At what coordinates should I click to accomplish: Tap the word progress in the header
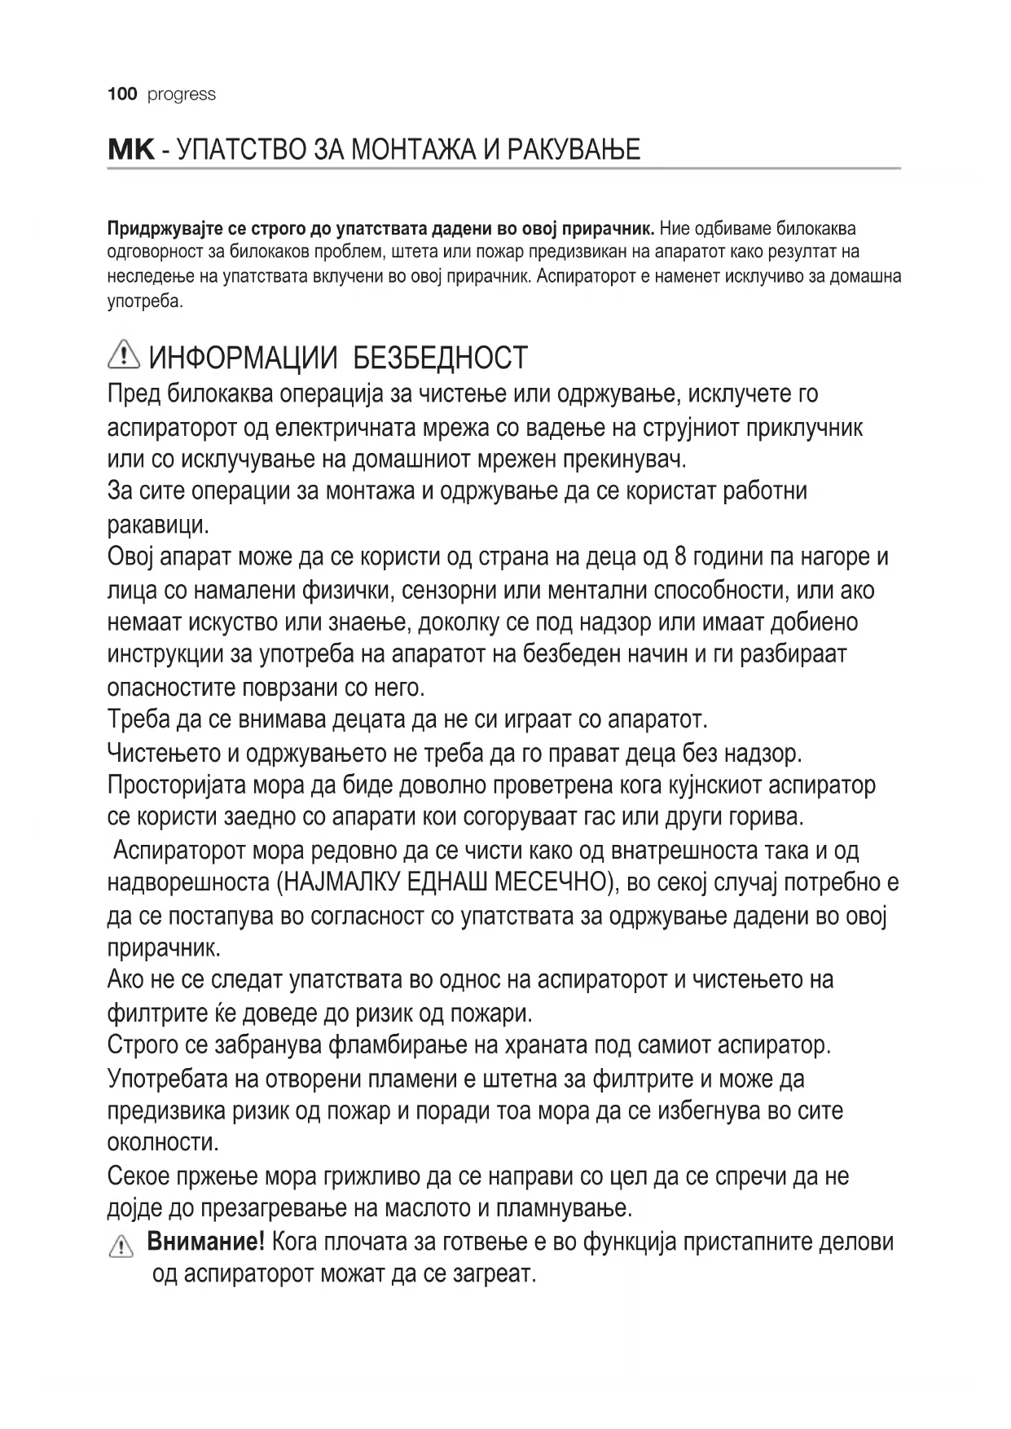tap(182, 95)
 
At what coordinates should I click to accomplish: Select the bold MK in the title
tap(130, 150)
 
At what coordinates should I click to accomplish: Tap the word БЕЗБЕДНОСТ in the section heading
tap(442, 358)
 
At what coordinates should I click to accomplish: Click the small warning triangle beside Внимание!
tap(120, 1247)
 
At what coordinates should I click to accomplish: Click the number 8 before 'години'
tap(683, 557)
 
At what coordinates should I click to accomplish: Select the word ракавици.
tap(158, 525)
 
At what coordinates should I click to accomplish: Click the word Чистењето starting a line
tap(163, 753)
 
